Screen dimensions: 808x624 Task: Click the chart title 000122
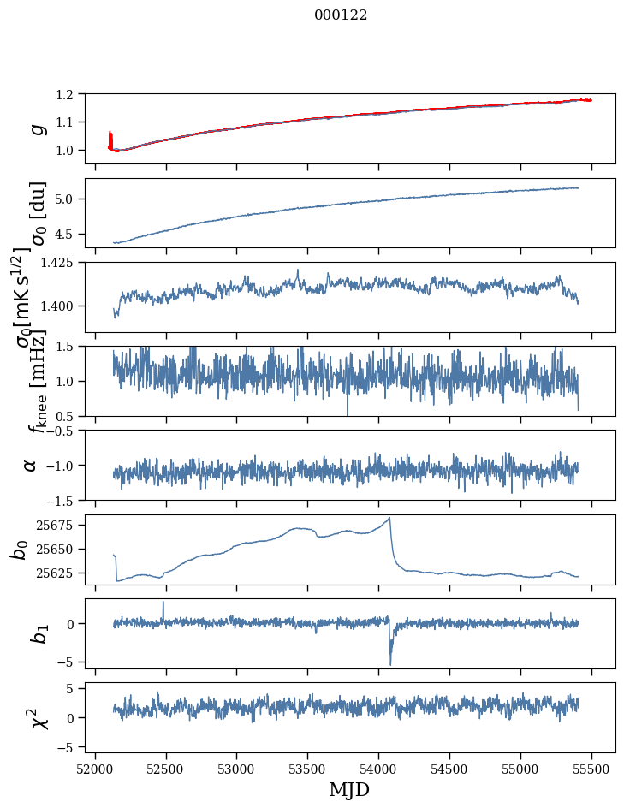(x=341, y=15)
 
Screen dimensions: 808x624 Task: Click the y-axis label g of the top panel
(x=37, y=128)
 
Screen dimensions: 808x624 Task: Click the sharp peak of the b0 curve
(x=390, y=518)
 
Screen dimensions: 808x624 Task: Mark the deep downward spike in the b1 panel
(x=390, y=663)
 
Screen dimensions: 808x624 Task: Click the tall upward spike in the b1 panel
(x=163, y=602)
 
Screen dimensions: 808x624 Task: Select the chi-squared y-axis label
(x=37, y=717)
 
